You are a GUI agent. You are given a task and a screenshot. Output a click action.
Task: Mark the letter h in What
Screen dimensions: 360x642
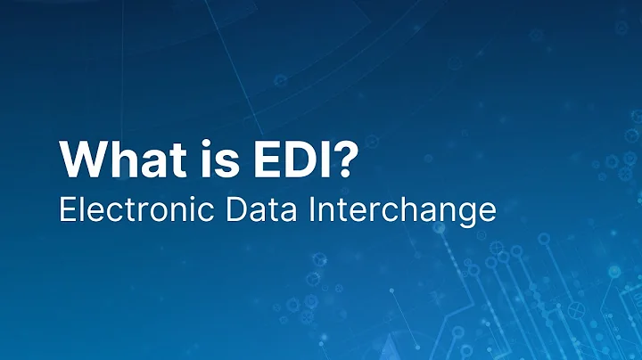[x=124, y=160]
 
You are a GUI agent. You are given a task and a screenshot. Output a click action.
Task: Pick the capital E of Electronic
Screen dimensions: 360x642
[x=66, y=210]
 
